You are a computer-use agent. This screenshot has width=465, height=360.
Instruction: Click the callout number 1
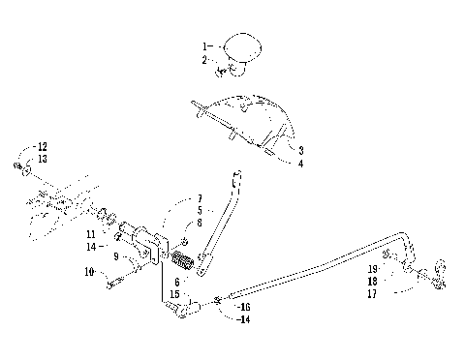pyautogui.click(x=204, y=46)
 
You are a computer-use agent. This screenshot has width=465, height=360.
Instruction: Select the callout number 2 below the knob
pyautogui.click(x=204, y=59)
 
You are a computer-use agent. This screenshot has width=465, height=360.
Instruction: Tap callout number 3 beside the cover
pyautogui.click(x=301, y=151)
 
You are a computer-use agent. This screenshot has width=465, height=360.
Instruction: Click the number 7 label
pyautogui.click(x=200, y=197)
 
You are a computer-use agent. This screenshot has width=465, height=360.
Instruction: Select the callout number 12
pyautogui.click(x=40, y=146)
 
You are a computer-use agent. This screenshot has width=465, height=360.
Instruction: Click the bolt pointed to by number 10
pyautogui.click(x=113, y=282)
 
